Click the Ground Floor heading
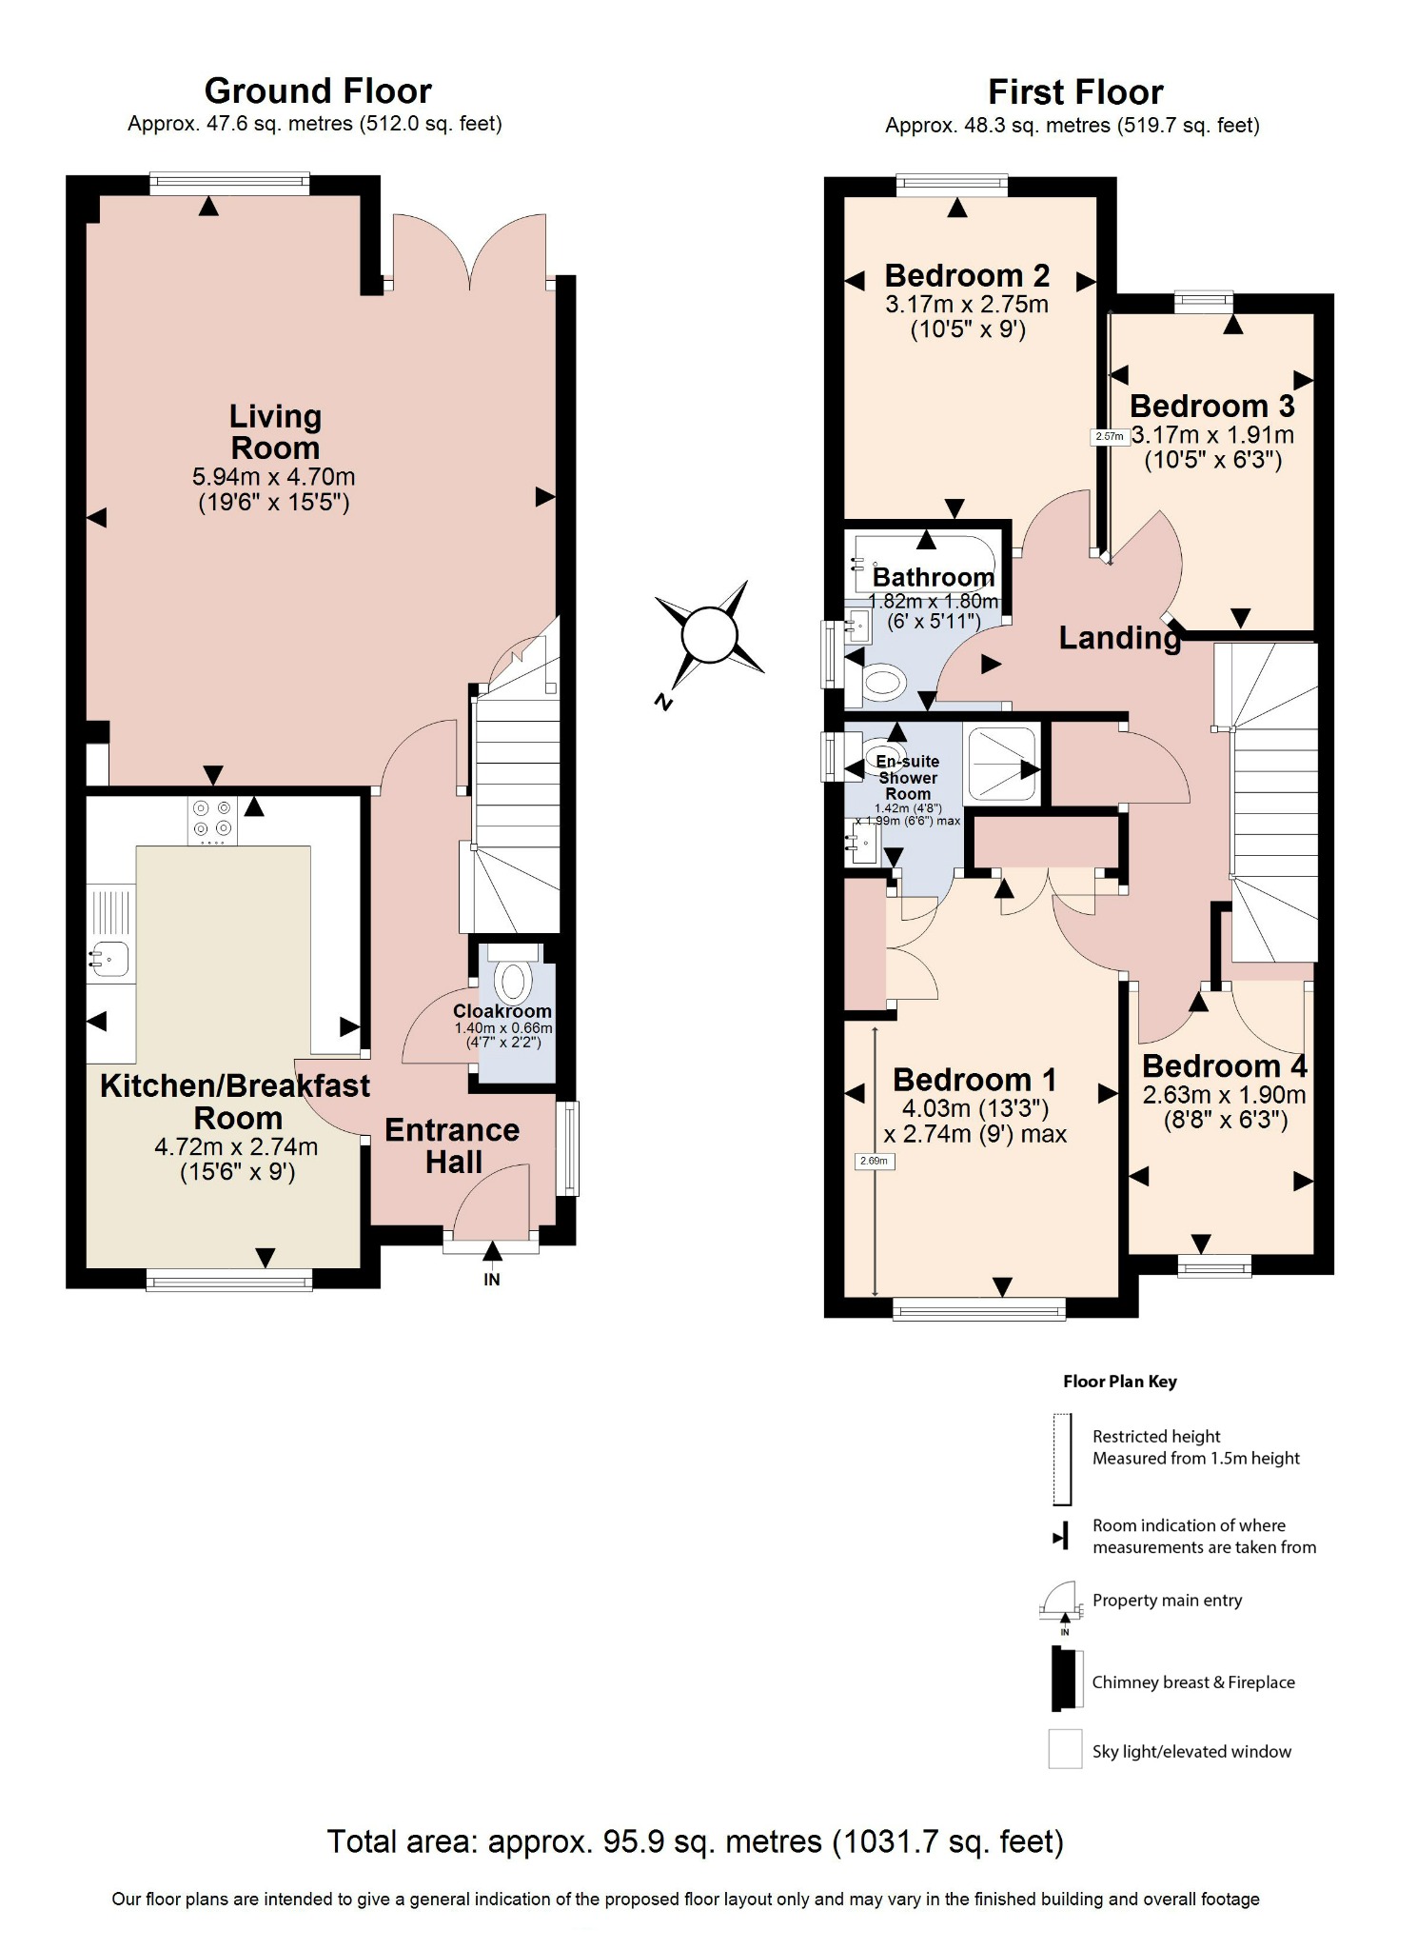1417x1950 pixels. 317,91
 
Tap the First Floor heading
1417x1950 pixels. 1074,92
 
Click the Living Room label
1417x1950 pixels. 275,432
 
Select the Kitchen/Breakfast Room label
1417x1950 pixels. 235,1101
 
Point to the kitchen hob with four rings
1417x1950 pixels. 211,820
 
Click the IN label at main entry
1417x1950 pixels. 491,1280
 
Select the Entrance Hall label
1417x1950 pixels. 452,1145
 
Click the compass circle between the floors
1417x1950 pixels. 710,634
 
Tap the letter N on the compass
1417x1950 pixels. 663,703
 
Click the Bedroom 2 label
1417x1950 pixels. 966,276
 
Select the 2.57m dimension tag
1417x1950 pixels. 1109,437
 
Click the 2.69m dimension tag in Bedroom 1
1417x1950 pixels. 876,1161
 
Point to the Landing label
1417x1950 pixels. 1119,638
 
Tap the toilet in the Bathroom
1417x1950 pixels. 882,683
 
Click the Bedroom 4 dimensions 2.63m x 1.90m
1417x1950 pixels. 1224,1095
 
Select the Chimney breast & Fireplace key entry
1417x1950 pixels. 1192,1682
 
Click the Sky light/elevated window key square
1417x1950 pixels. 1065,1749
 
